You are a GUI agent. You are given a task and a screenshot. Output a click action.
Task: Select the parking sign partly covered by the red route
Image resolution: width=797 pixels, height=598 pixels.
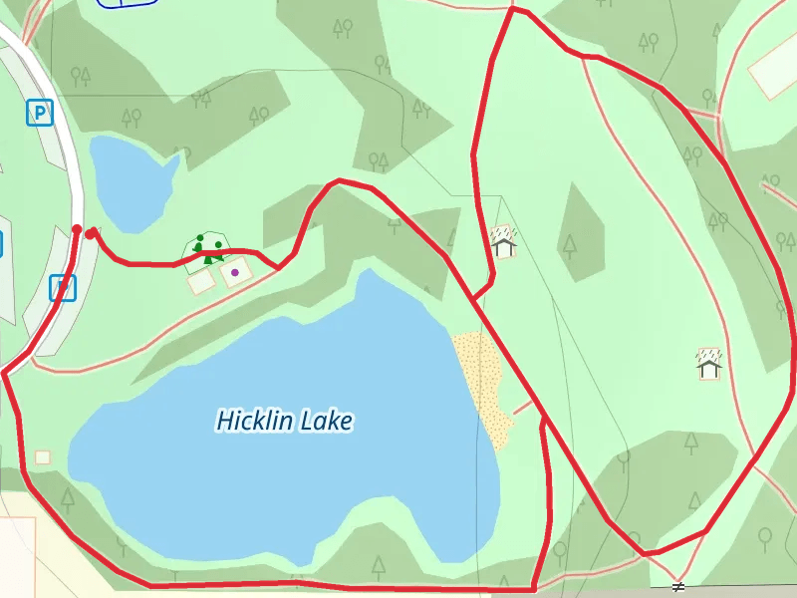pyautogui.click(x=63, y=288)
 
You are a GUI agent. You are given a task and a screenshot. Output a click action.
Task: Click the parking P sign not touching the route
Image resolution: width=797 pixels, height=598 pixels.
pyautogui.click(x=39, y=113)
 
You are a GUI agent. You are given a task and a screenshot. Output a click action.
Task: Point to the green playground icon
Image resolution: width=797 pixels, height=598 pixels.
pyautogui.click(x=208, y=247)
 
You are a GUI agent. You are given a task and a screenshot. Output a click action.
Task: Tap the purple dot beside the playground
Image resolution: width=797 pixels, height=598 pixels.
pyautogui.click(x=235, y=271)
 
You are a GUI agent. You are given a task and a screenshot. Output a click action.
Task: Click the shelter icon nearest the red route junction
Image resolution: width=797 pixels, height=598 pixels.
pyautogui.click(x=504, y=241)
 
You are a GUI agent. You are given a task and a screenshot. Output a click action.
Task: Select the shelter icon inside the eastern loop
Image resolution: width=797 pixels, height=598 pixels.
pyautogui.click(x=708, y=364)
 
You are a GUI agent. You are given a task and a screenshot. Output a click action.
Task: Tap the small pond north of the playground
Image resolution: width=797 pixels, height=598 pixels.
pyautogui.click(x=130, y=179)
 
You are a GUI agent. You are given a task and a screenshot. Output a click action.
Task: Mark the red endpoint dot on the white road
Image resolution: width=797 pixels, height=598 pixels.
pyautogui.click(x=77, y=230)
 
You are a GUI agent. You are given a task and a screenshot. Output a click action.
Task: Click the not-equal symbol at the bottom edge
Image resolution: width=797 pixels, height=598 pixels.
pyautogui.click(x=678, y=586)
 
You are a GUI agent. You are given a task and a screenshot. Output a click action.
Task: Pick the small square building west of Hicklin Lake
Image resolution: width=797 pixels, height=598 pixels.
pyautogui.click(x=43, y=457)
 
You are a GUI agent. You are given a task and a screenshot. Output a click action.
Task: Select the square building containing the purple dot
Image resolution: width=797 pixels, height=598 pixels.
pyautogui.click(x=236, y=272)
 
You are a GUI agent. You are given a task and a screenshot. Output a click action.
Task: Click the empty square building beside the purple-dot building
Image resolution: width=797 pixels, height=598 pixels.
pyautogui.click(x=201, y=282)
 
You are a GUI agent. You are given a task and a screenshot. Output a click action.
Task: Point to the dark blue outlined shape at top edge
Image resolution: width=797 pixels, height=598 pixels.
pyautogui.click(x=128, y=3)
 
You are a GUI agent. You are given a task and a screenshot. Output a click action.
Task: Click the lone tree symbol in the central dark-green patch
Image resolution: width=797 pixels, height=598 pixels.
pyautogui.click(x=570, y=243)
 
